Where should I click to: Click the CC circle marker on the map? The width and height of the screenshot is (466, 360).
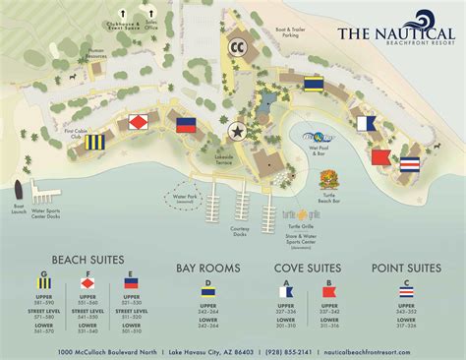click(237, 45)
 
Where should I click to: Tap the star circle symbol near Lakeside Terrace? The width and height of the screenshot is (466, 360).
click(236, 130)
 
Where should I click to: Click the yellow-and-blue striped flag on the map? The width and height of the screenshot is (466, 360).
click(95, 144)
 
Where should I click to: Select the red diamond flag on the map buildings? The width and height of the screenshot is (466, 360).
click(138, 123)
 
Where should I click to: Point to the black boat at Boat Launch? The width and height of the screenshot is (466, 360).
click(20, 191)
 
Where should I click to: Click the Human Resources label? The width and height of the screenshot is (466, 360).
click(95, 55)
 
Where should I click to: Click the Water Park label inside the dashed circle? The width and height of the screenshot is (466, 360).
click(187, 199)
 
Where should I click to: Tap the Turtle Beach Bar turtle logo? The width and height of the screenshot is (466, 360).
click(329, 179)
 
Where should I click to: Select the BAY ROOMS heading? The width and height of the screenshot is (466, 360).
click(207, 267)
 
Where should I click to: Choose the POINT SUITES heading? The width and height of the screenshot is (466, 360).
click(407, 267)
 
